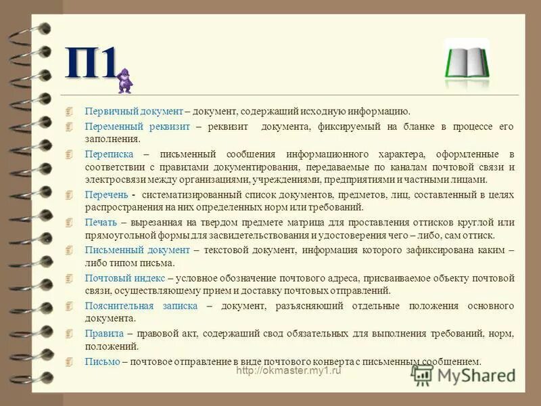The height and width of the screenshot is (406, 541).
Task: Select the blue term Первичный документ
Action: pyautogui.click(x=134, y=111)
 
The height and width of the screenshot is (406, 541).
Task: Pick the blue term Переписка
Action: pyautogui.click(x=108, y=154)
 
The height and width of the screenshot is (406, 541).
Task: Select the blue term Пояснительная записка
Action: pyautogui.click(x=141, y=306)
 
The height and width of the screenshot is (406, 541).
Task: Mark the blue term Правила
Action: pyautogui.click(x=104, y=334)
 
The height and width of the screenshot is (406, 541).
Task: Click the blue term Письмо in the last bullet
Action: pyautogui.click(x=103, y=361)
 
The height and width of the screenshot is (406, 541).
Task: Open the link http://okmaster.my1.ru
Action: pyautogui.click(x=289, y=371)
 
